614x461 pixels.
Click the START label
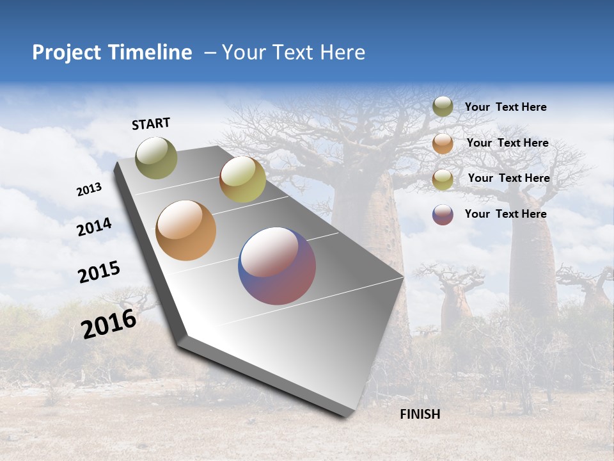click(152, 124)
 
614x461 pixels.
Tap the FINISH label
click(420, 414)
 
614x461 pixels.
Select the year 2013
click(89, 190)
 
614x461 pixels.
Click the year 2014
click(94, 227)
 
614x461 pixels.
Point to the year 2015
click(99, 272)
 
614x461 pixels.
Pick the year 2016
click(109, 324)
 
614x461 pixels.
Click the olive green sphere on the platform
click(156, 158)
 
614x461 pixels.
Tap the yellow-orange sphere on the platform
click(242, 179)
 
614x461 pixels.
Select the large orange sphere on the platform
click(185, 230)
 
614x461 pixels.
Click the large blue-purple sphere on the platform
click(277, 266)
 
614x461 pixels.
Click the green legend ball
click(443, 106)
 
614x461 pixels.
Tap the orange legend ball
click(443, 143)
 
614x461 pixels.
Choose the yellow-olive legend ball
click(443, 179)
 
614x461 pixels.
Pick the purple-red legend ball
click(443, 214)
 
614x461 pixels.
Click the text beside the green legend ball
click(505, 107)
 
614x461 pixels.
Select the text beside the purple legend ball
click(505, 214)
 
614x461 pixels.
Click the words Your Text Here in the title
click(293, 53)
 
